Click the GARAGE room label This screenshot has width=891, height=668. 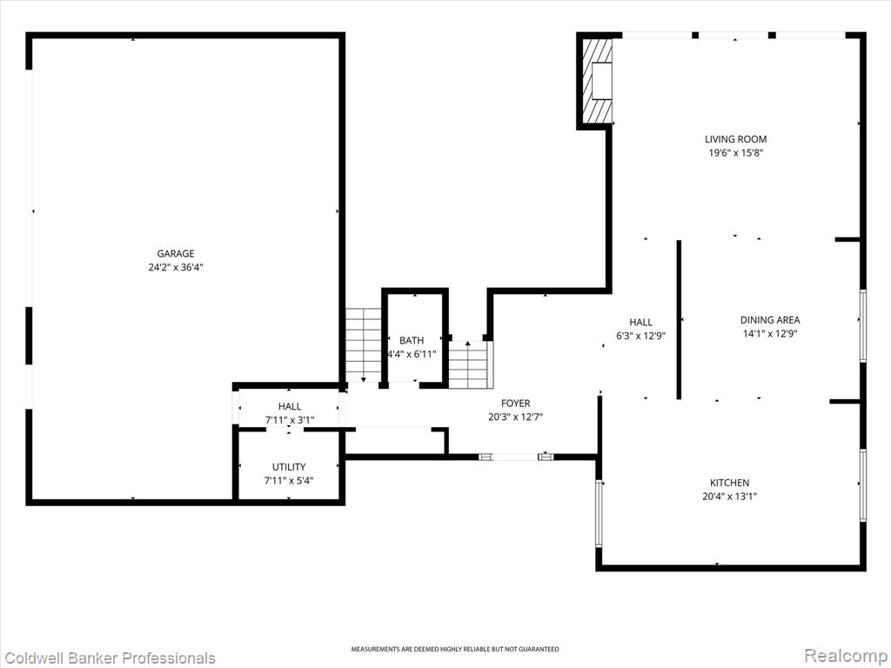pos(176,253)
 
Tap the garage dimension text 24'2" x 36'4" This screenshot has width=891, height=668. pos(176,267)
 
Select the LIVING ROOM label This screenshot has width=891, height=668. pos(736,139)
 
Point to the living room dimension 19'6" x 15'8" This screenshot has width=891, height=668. pos(736,153)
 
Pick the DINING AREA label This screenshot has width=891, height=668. pos(770,320)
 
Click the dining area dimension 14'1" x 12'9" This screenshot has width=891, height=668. pos(770,333)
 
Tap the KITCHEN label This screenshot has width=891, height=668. pos(730,483)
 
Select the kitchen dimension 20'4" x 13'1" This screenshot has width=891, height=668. pos(730,497)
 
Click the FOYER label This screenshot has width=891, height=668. pos(515,404)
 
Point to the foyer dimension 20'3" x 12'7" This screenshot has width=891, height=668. pos(515,417)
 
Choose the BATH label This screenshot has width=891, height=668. pos(412,340)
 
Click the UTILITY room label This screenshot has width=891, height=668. pos(289,467)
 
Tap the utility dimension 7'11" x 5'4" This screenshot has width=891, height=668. pos(289,480)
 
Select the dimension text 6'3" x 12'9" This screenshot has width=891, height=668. pos(641,336)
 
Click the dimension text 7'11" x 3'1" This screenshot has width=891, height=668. pos(290,420)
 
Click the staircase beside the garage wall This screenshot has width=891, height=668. pos(363,344)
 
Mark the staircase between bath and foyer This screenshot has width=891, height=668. pos(468,364)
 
